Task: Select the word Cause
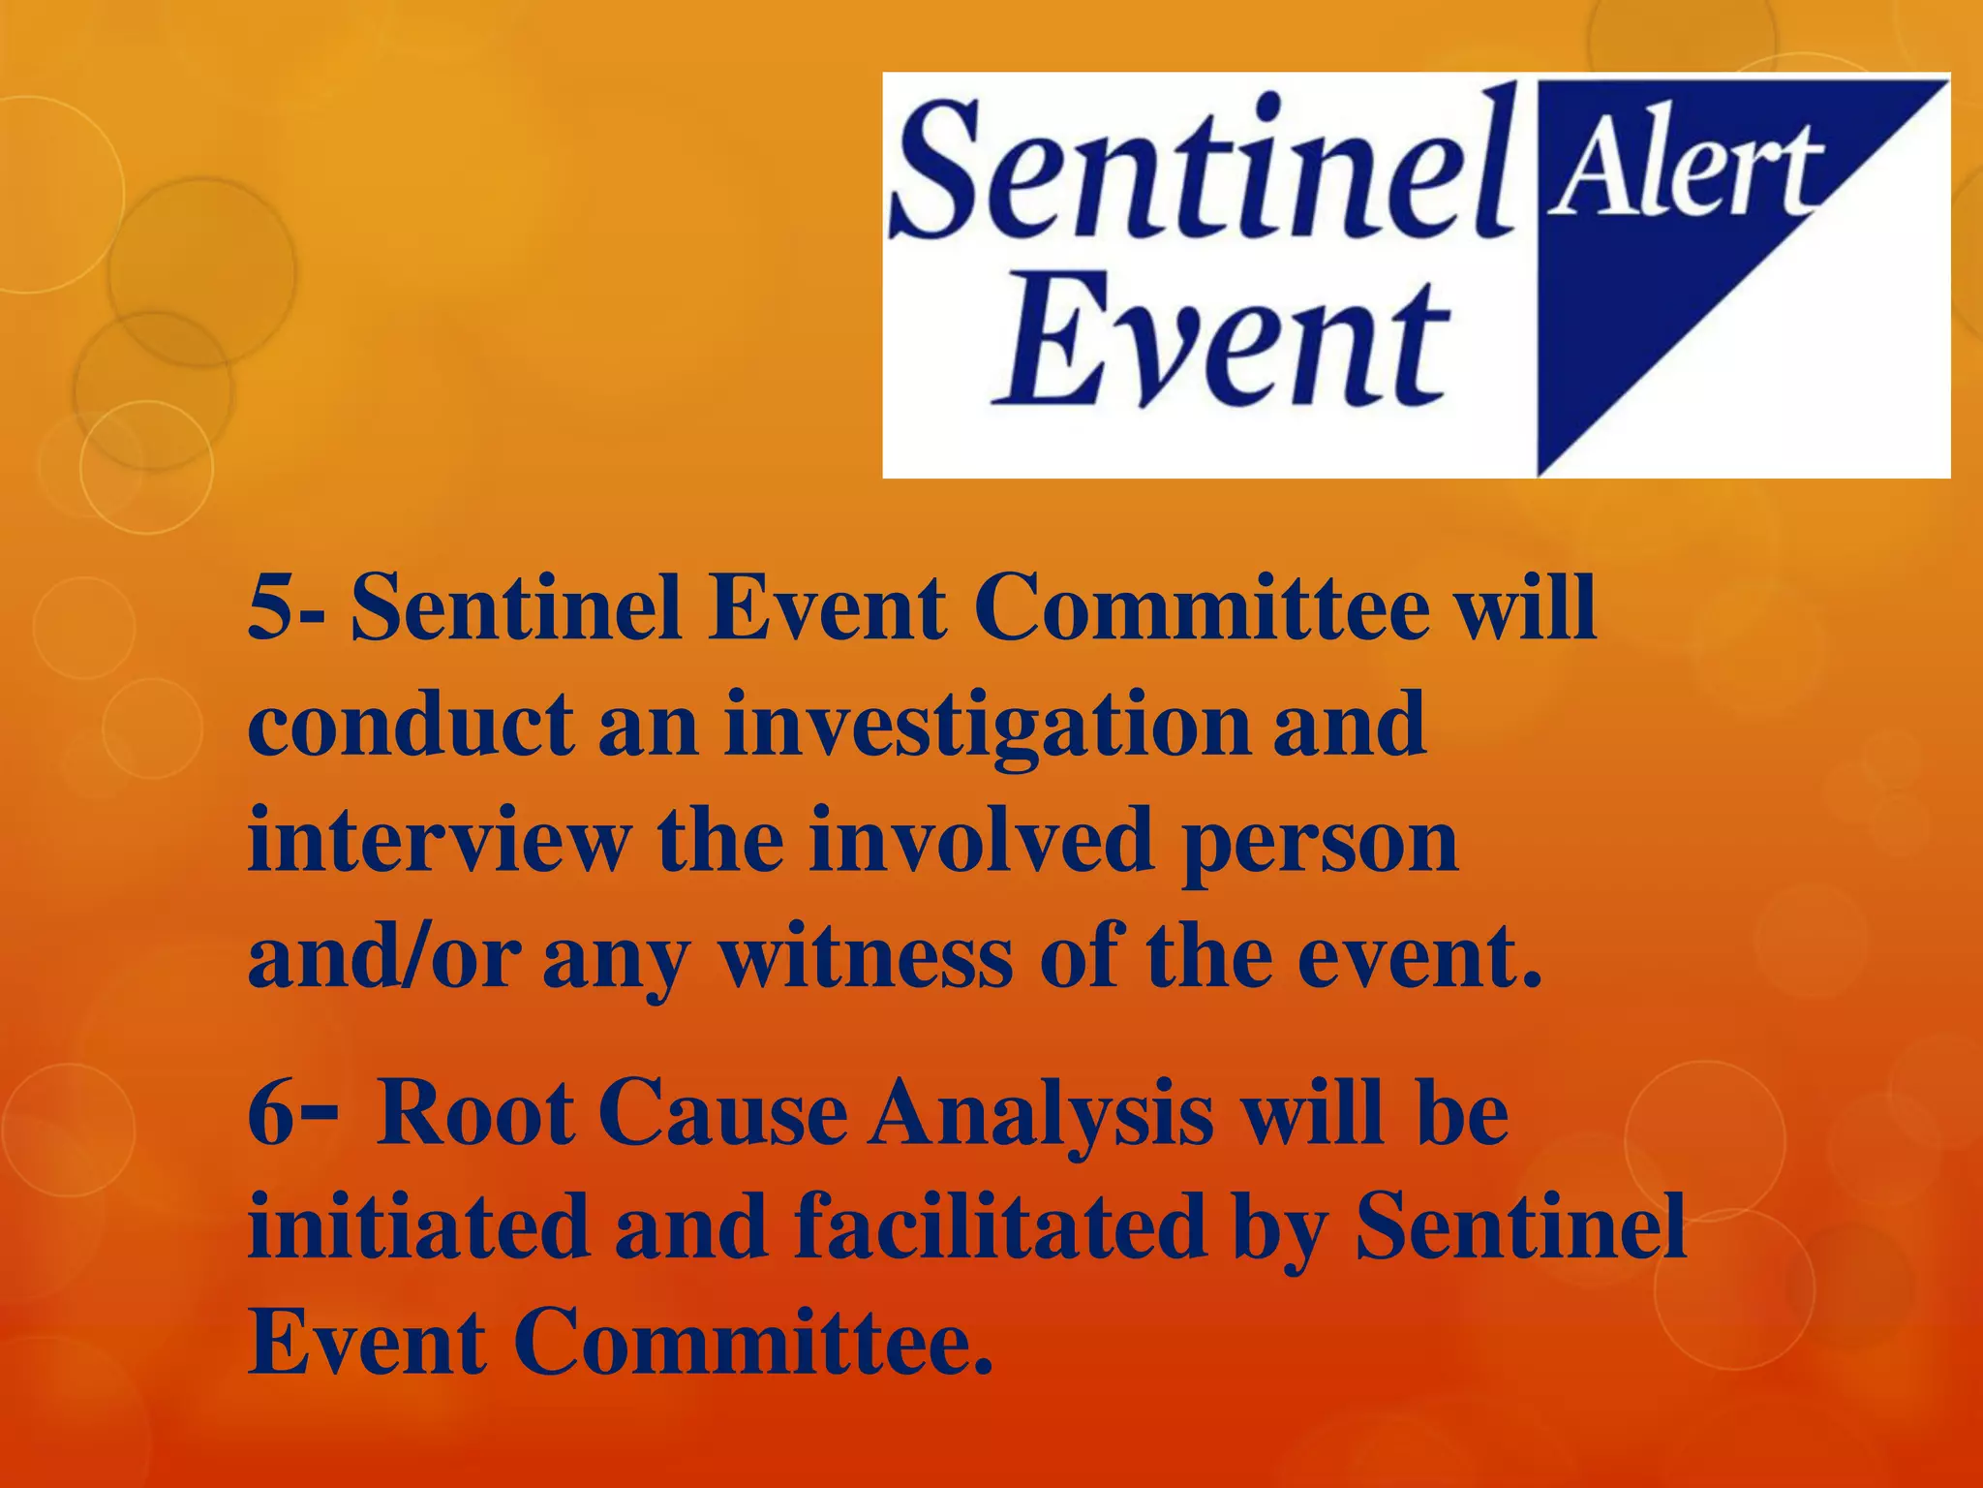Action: tap(722, 1114)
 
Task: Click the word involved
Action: tap(982, 841)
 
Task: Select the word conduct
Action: tap(411, 727)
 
